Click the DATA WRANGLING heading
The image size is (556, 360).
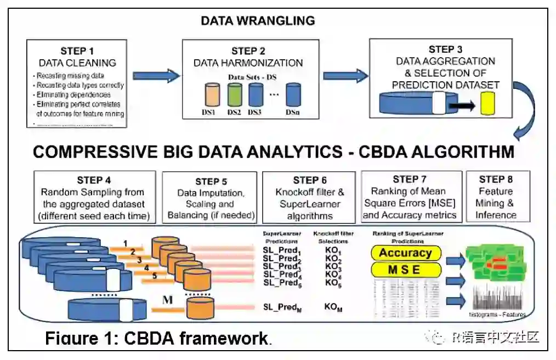point(258,21)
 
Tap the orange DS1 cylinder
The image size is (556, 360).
point(213,95)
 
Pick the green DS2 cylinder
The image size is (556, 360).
point(235,95)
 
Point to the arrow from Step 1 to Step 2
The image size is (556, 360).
point(156,75)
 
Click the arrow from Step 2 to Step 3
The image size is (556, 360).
point(345,75)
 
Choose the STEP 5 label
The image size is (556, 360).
point(209,182)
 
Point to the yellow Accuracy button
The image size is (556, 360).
point(405,253)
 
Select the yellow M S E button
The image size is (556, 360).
point(405,269)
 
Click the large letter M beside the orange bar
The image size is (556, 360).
point(168,300)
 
